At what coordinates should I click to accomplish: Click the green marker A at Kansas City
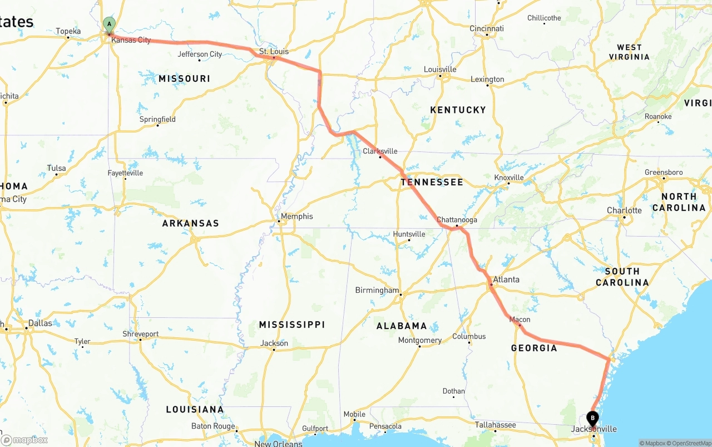click(109, 24)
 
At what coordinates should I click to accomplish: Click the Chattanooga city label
click(457, 220)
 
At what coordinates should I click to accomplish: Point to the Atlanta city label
click(506, 279)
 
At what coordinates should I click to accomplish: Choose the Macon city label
click(520, 320)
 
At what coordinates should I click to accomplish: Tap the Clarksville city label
click(380, 151)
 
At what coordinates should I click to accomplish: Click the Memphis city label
click(296, 216)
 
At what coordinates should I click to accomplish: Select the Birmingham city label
click(377, 290)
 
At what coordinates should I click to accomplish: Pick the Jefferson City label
click(200, 54)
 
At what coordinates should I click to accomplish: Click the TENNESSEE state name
click(432, 182)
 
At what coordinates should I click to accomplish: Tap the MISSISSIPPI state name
click(292, 325)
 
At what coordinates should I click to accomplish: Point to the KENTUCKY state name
click(458, 110)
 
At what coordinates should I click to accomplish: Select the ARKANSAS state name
click(191, 223)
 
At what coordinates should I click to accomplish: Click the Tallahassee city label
click(495, 425)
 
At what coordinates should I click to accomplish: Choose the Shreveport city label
click(141, 334)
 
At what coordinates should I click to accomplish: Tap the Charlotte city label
click(624, 210)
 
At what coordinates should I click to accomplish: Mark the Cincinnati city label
click(487, 28)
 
